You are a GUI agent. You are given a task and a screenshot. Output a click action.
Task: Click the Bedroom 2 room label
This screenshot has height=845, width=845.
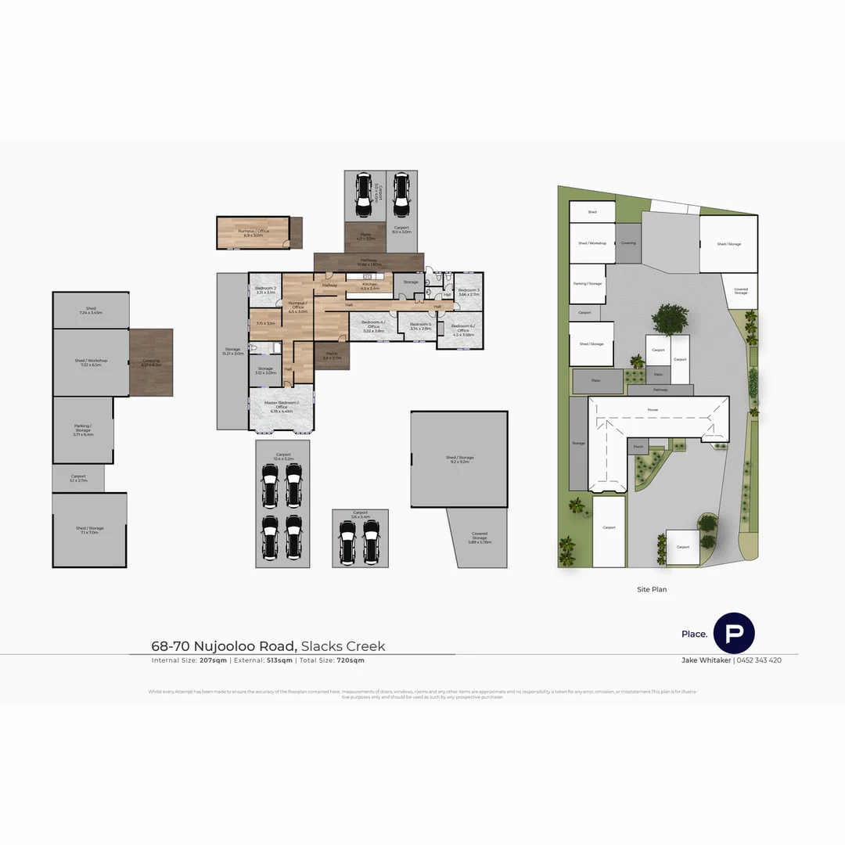click(x=265, y=289)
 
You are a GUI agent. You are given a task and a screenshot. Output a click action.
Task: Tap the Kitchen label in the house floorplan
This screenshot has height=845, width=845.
click(x=370, y=285)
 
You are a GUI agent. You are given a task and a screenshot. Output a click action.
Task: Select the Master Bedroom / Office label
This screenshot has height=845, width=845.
click(x=281, y=404)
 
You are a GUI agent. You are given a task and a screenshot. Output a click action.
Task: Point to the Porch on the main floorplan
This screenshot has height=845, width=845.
click(x=332, y=355)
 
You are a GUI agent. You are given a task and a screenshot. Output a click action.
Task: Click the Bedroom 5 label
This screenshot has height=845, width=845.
click(x=420, y=324)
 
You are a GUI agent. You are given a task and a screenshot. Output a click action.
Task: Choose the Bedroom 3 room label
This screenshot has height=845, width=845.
click(x=469, y=290)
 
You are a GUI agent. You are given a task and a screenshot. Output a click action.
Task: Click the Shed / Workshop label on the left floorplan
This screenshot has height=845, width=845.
click(x=91, y=361)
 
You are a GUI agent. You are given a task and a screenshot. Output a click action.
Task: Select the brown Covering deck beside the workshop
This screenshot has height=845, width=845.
click(x=151, y=362)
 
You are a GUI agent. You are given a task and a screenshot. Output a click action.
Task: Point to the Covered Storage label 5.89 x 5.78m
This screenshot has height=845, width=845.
click(x=480, y=536)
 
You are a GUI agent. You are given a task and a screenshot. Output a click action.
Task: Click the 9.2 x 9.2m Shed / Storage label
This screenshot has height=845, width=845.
click(x=460, y=458)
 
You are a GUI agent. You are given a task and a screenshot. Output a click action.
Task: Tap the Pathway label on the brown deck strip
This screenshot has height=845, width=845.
click(x=369, y=261)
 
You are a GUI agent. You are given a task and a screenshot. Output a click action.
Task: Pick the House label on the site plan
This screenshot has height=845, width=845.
click(x=653, y=409)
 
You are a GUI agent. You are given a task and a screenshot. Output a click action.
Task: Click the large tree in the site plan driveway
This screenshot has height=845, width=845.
click(x=667, y=319)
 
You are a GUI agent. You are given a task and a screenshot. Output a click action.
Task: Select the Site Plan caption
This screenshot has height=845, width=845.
click(x=652, y=589)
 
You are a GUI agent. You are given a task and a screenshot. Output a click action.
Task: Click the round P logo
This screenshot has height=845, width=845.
click(x=734, y=633)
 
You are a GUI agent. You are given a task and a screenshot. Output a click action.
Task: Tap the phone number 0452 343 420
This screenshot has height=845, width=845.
click(x=758, y=660)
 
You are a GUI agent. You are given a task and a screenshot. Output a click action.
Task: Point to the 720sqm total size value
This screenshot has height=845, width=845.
click(x=351, y=660)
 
